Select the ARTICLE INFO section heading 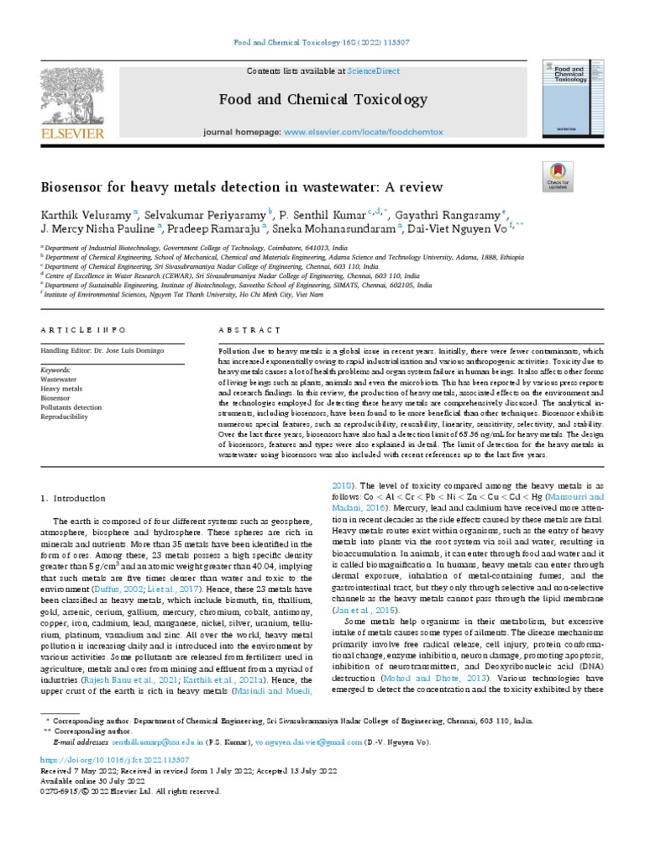(x=83, y=331)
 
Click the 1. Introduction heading (x=74, y=498)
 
